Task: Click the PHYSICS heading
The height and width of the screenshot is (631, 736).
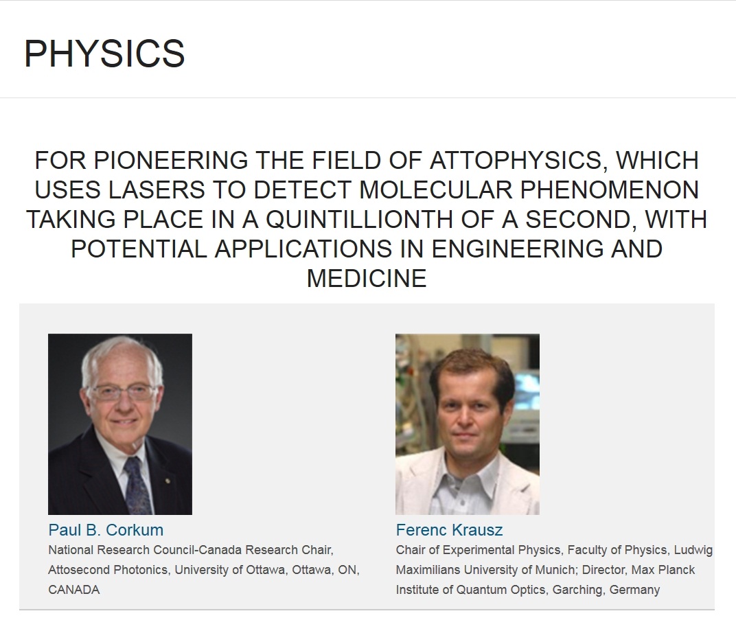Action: tap(104, 54)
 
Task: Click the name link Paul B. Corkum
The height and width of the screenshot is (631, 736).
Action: tap(106, 530)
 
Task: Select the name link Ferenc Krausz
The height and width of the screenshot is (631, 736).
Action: tap(449, 530)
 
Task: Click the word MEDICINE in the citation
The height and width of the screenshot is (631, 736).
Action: tap(367, 278)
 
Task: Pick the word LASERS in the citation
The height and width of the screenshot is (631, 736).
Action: tap(157, 190)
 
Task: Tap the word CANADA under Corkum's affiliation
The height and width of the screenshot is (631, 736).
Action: tap(73, 590)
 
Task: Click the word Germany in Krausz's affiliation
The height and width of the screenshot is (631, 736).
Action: tap(634, 590)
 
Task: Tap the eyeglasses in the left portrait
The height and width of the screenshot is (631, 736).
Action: tap(123, 391)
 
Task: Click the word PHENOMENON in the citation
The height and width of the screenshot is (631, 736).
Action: tap(609, 190)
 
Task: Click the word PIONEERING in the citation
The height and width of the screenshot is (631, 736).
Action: tap(171, 161)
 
